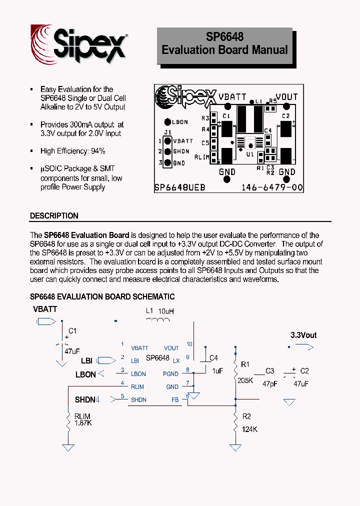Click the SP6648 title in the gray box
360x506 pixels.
(224, 37)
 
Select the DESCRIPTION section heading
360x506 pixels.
(54, 216)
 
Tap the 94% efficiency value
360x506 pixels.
(98, 151)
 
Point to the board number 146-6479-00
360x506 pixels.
(271, 188)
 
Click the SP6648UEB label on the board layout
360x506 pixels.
(180, 188)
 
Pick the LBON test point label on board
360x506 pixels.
(179, 122)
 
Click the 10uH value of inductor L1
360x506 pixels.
(166, 311)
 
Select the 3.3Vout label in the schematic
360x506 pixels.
(303, 335)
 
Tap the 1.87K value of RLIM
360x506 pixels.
(83, 423)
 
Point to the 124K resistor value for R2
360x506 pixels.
(249, 429)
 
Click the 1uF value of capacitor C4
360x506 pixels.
(217, 371)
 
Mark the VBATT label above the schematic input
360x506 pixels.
(45, 309)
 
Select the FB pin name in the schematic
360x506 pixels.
(175, 400)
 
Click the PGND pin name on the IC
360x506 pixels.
(170, 374)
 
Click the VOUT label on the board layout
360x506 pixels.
(286, 97)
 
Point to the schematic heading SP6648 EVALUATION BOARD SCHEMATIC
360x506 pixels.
(102, 297)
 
